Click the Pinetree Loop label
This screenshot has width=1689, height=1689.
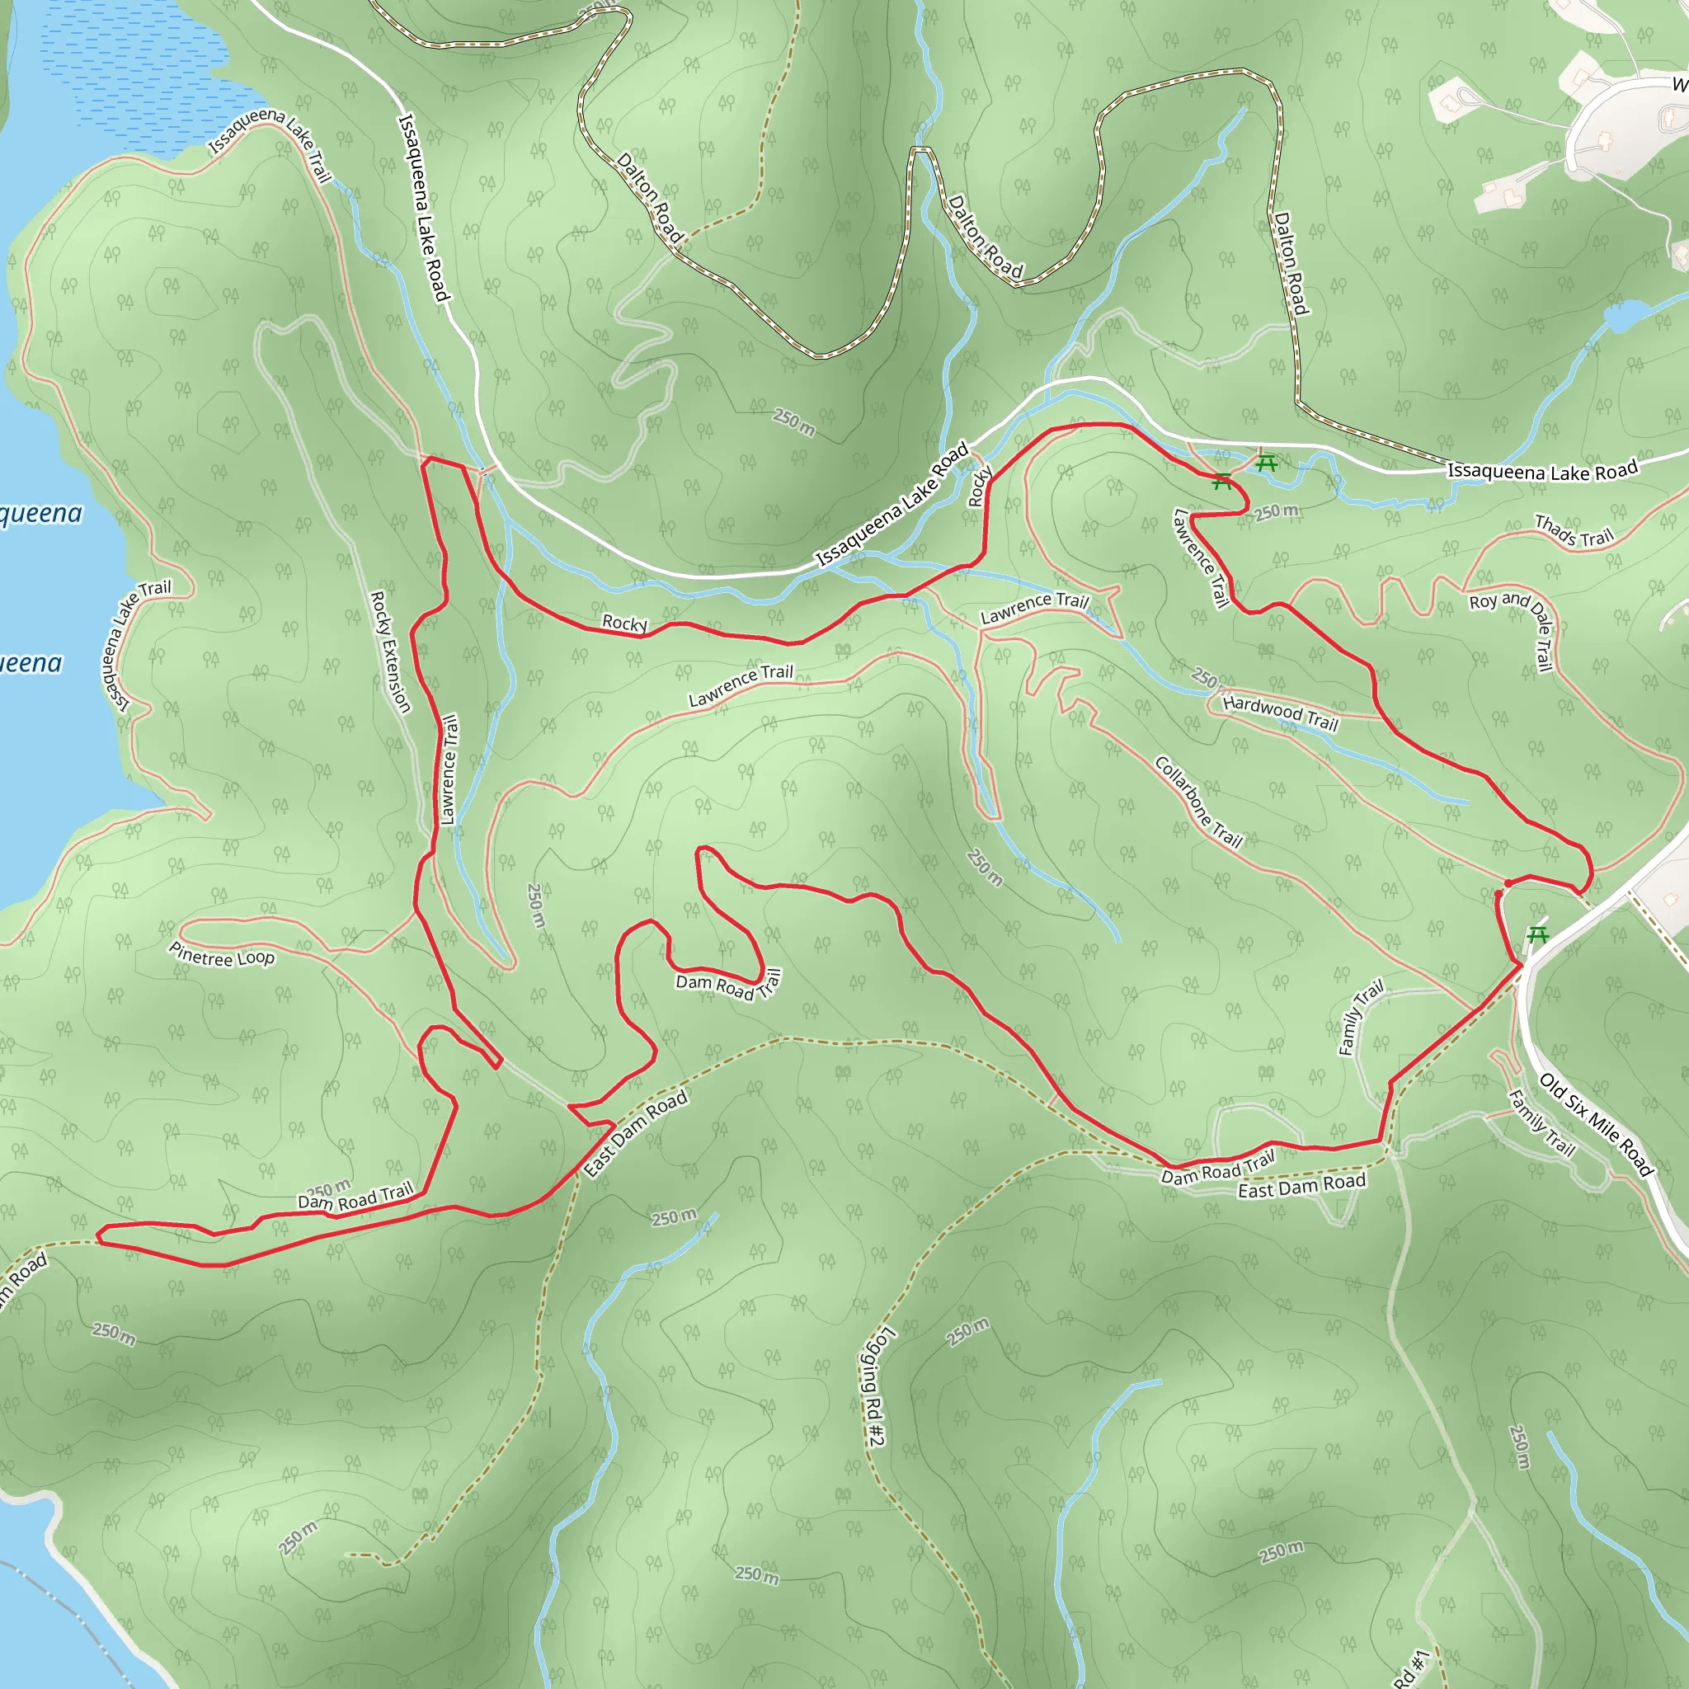point(222,955)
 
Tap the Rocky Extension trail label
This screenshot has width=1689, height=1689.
point(390,652)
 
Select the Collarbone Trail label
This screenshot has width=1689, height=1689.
point(1197,802)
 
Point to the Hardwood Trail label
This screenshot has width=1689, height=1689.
point(1280,712)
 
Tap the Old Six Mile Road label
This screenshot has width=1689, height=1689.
point(1597,1124)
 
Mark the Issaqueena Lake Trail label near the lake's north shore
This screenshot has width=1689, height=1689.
point(269,143)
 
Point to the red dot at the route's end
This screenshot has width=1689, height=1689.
point(1508,883)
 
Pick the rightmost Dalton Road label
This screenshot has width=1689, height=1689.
point(1291,262)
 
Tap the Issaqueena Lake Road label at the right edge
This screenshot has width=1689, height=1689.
point(1542,471)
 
